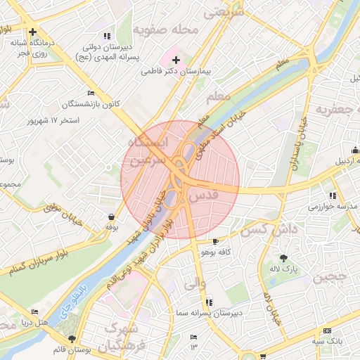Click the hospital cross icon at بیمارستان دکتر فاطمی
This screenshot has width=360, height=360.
click(176, 60)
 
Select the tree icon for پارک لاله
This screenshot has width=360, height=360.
click(283, 259)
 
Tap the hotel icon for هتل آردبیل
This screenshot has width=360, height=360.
click(355, 149)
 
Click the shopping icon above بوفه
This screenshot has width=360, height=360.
click(111, 217)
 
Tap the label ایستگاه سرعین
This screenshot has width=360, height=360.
click(147, 151)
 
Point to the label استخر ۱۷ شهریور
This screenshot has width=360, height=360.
click(53, 120)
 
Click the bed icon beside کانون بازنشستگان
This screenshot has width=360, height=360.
click(90, 94)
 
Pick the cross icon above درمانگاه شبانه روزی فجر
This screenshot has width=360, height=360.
click(32, 32)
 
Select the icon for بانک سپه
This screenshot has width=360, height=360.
click(327, 331)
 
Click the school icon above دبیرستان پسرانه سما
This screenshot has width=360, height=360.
click(207, 302)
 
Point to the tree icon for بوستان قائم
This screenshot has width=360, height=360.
click(72, 339)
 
